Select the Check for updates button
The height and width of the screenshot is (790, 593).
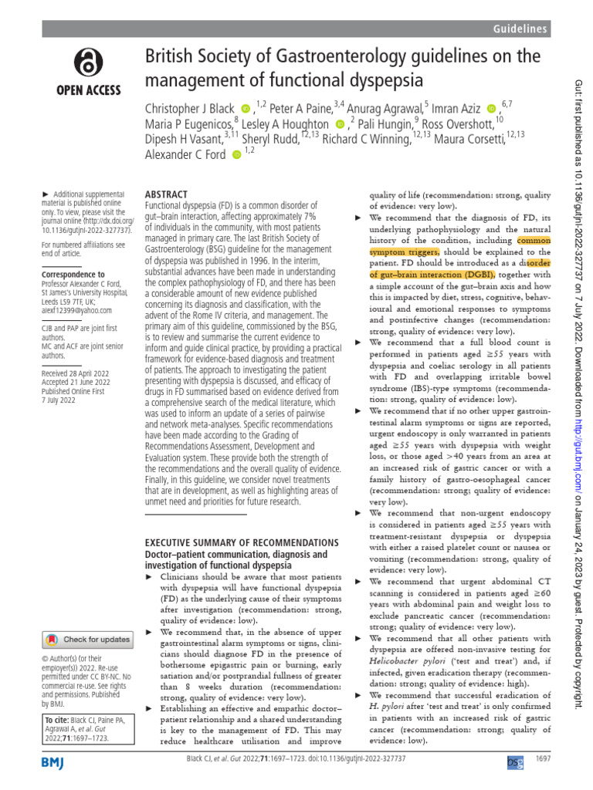86,640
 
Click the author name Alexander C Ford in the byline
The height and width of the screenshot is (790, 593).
185,154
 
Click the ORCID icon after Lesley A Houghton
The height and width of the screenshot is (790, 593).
341,124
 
